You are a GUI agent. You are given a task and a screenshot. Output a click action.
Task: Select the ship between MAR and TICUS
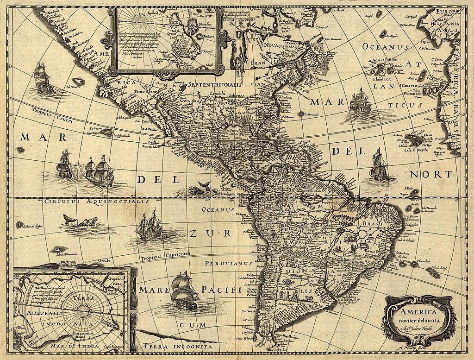coord(359,103)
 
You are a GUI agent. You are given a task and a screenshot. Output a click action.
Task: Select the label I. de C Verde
coord(416,150)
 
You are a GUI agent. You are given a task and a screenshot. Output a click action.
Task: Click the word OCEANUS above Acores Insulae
coord(385,47)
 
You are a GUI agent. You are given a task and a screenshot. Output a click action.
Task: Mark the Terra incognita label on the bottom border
coord(178,346)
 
